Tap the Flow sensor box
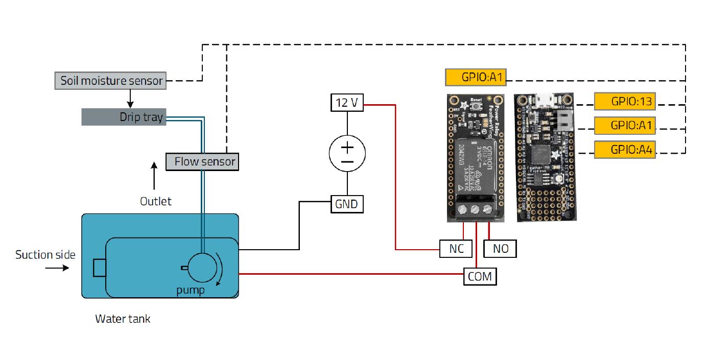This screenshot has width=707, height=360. (202, 162)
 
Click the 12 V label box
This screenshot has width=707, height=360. (347, 103)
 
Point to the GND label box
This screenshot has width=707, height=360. (347, 204)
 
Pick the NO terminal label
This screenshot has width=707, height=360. (500, 249)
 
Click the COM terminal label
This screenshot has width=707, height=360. (480, 276)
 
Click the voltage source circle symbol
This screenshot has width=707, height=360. (347, 154)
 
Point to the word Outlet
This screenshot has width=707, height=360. (156, 201)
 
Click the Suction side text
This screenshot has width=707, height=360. (45, 255)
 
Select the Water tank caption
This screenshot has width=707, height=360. (123, 319)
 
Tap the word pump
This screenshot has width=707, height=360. (190, 291)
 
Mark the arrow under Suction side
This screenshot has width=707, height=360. (57, 267)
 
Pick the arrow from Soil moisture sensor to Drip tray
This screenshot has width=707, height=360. (130, 98)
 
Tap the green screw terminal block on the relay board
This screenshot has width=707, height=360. (475, 209)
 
